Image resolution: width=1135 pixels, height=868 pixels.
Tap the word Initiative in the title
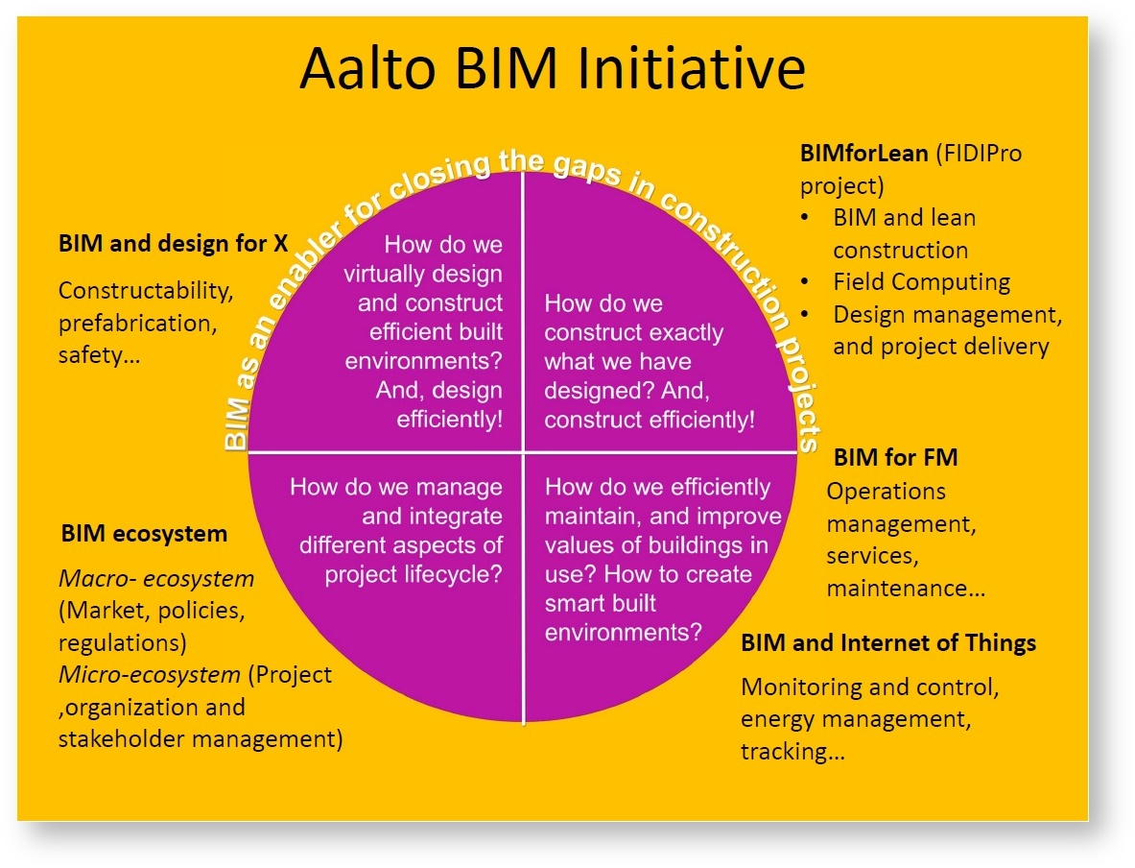pos(690,68)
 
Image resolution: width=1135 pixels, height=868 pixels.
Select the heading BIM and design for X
pos(174,244)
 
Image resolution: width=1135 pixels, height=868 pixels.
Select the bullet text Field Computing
pos(921,282)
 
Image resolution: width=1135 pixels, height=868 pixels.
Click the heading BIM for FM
pos(895,457)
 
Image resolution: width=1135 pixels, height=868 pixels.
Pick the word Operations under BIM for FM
pos(887,491)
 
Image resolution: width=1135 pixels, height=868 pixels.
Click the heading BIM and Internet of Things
pos(888,642)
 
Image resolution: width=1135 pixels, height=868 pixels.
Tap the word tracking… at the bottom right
pos(792,751)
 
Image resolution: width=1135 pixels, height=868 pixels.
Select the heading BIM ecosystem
pos(144,533)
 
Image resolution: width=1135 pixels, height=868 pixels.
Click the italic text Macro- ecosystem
pos(157,579)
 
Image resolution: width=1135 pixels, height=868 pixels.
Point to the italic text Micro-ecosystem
pos(150,675)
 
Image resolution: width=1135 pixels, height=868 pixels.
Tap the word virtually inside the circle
pos(387,274)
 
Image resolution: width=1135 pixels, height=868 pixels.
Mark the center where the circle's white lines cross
pos(523,451)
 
